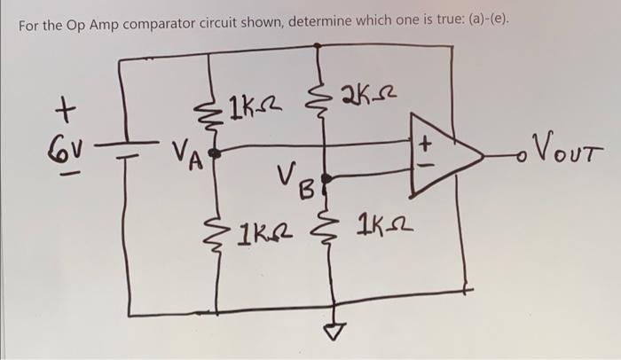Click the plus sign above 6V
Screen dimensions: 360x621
coord(63,113)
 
